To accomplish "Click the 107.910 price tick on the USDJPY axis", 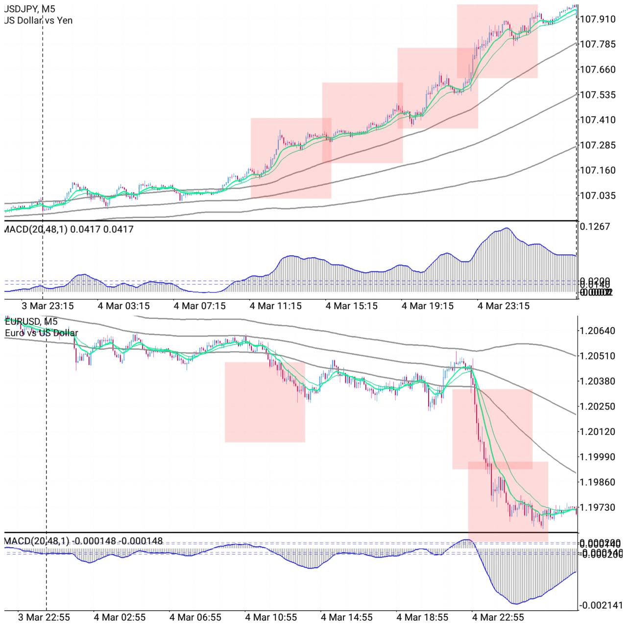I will [598, 19].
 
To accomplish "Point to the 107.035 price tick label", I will [598, 195].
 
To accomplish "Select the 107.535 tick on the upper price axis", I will [598, 95].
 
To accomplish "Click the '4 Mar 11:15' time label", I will [276, 306].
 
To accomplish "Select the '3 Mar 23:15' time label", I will [48, 306].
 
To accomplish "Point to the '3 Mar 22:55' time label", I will [44, 617].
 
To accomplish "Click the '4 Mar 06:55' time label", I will [195, 617].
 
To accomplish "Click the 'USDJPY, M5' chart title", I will [29, 9].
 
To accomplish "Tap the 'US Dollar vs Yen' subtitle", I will [38, 21].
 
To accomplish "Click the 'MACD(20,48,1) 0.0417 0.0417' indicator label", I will [69, 229].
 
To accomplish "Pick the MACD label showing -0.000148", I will [83, 541].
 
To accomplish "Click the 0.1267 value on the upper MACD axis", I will [595, 226].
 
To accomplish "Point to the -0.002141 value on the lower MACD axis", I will [601, 605].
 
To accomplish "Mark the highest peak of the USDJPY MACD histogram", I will [506, 228].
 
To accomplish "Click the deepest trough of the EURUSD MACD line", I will [514, 603].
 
